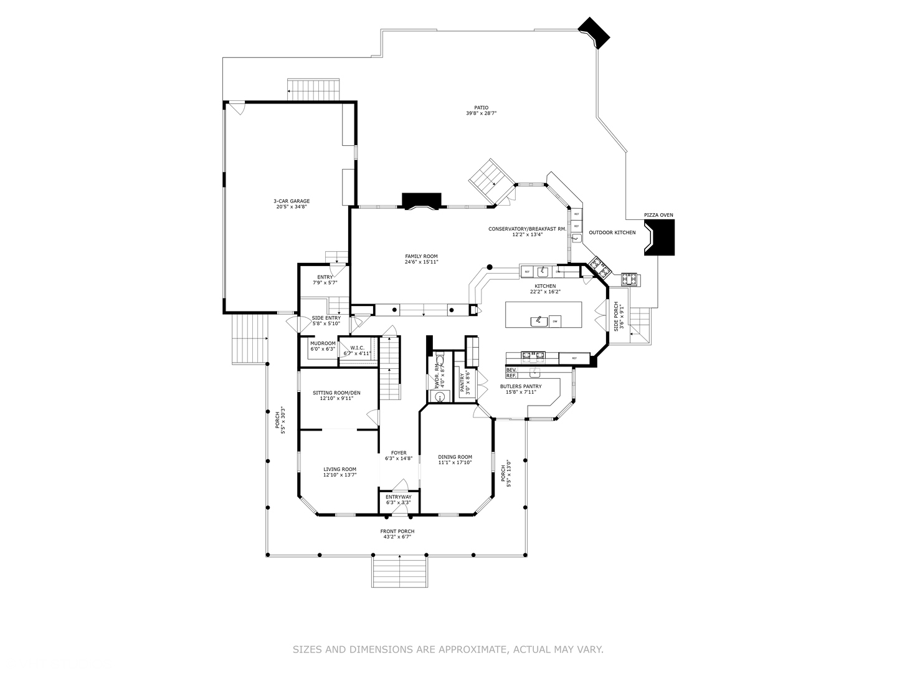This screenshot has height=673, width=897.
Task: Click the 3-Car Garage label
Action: coord(291,201)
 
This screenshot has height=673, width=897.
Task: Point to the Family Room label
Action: coord(421,256)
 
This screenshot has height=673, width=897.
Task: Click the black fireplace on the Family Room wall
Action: coord(422,201)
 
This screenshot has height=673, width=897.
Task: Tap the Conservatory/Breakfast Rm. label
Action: coord(527,229)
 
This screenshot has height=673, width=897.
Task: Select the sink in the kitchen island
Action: coord(538,321)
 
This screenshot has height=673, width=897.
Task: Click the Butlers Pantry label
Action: coord(521,386)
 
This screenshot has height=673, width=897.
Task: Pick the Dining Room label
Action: coord(455,457)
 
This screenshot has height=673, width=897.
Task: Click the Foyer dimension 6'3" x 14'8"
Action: coord(399,459)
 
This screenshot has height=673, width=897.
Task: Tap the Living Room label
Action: coord(339,469)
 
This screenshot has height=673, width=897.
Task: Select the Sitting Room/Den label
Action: coord(336,392)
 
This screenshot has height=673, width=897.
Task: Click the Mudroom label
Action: coord(323,343)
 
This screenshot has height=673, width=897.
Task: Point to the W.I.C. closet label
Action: coord(357,348)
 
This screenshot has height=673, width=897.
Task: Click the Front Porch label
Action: coord(397,531)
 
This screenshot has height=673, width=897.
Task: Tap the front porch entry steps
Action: coord(400,571)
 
